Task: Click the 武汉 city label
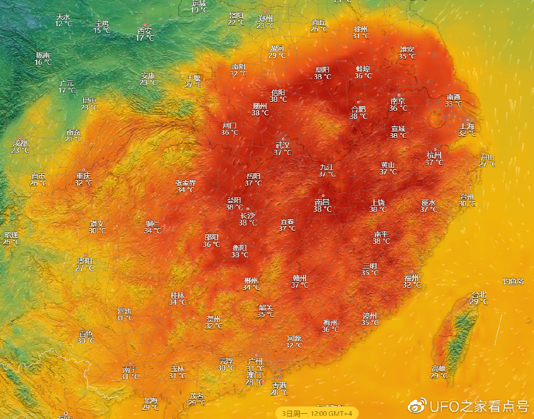tap(283, 146)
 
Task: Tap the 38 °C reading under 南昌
tap(322, 209)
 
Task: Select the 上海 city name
tap(467, 126)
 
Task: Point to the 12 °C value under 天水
tap(63, 24)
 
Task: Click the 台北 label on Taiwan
tap(479, 294)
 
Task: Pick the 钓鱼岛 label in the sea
tap(513, 282)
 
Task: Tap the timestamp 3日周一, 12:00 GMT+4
tap(317, 413)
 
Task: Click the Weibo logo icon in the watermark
tap(418, 405)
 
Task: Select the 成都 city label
tap(20, 143)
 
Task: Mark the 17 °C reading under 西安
tap(145, 38)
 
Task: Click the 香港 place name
tap(280, 385)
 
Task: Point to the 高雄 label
tap(439, 368)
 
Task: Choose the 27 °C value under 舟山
tap(487, 164)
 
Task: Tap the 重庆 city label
tap(83, 176)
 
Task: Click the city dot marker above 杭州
tap(435, 149)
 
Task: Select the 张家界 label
tap(186, 183)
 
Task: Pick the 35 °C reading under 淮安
tap(407, 56)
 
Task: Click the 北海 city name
tap(150, 401)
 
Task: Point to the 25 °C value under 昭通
tap(11, 242)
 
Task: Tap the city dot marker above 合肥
tap(358, 103)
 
